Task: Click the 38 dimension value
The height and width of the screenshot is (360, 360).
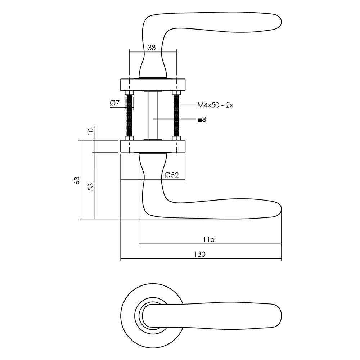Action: [152, 48]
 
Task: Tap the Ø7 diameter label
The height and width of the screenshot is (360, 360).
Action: [114, 103]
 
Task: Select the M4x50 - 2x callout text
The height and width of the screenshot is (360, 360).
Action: [215, 105]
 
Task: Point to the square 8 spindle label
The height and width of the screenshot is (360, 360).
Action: [202, 120]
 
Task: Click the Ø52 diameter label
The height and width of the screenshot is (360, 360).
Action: [171, 175]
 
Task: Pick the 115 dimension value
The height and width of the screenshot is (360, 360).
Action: [209, 239]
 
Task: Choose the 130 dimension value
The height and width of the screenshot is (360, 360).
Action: [200, 254]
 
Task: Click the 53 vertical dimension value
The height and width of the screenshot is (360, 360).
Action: [91, 186]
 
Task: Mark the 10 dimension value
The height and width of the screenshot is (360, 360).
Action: [91, 131]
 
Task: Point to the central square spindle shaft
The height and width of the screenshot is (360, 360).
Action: [153, 115]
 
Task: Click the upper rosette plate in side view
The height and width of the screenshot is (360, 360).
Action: [153, 85]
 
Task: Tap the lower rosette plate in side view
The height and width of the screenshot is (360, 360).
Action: [153, 146]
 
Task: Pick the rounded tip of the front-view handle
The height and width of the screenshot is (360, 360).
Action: [281, 316]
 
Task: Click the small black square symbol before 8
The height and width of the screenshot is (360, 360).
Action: [200, 120]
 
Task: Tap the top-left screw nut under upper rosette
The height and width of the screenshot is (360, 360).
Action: [130, 93]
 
